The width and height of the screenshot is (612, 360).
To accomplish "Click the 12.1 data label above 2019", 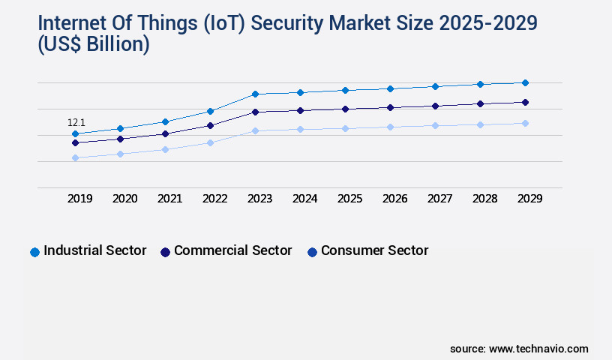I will (x=76, y=122).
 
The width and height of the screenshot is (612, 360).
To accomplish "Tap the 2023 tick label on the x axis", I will (x=259, y=199).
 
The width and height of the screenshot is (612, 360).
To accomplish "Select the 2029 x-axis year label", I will (x=529, y=199).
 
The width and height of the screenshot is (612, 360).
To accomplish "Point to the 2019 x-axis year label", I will (x=79, y=199).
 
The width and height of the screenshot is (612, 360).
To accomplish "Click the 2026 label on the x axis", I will (x=394, y=199).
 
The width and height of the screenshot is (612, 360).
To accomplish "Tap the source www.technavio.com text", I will (x=519, y=349).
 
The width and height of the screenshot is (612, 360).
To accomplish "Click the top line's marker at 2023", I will (x=255, y=94).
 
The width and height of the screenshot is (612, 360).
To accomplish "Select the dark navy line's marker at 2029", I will (x=525, y=102).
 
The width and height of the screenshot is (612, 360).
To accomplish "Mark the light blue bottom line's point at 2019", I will (x=75, y=157).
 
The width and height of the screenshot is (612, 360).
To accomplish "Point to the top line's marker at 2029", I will (x=525, y=82).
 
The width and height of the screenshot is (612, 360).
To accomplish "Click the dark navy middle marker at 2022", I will (x=210, y=125).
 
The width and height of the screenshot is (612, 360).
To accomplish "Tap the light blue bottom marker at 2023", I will (x=255, y=130).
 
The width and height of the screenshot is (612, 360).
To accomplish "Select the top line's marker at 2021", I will (x=165, y=121).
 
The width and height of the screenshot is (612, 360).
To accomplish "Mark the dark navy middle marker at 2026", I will (x=390, y=107).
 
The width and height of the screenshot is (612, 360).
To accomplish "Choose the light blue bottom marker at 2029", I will (x=525, y=123).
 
